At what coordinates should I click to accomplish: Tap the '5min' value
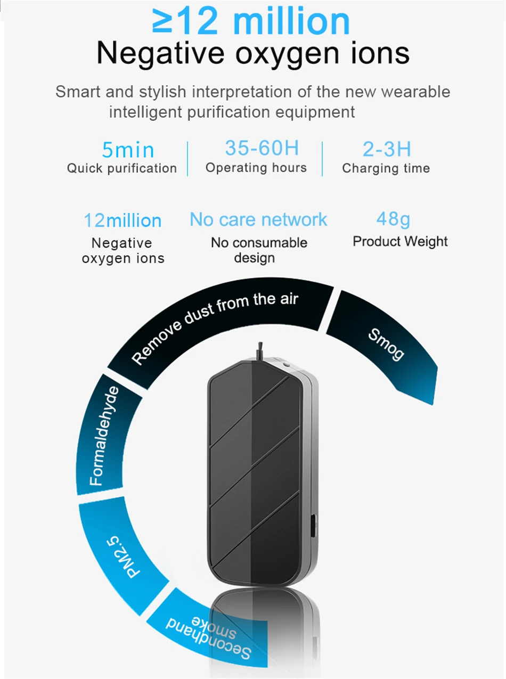tap(128, 150)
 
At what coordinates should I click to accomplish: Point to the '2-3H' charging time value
tap(386, 149)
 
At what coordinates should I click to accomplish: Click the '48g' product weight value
tap(393, 219)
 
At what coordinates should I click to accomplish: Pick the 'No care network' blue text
tap(258, 219)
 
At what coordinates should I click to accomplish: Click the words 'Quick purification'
tap(122, 168)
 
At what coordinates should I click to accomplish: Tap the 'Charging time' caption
tap(386, 168)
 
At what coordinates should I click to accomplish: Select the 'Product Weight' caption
tap(400, 241)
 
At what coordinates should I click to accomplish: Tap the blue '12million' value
tap(122, 220)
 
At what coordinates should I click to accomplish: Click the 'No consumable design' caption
tap(258, 250)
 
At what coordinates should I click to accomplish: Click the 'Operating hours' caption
tap(256, 168)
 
